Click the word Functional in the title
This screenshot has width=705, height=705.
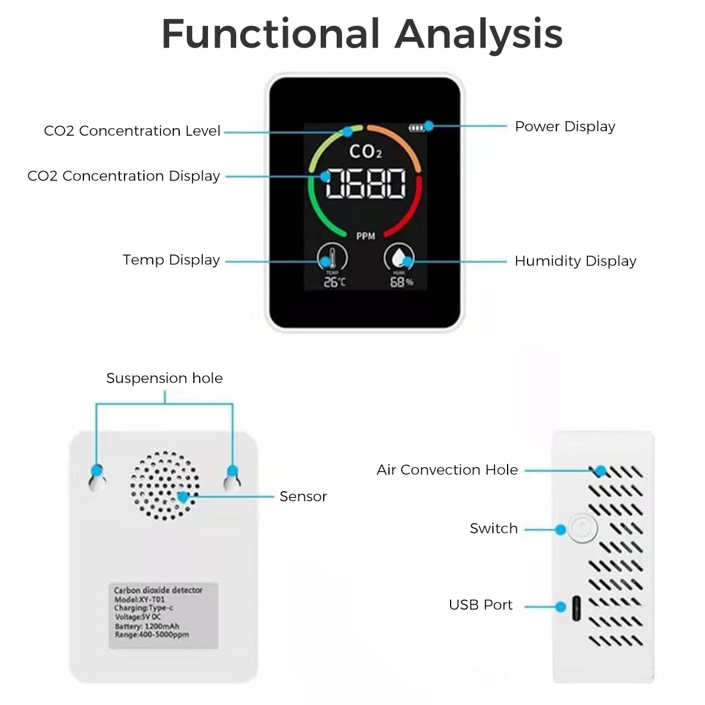(x=270, y=33)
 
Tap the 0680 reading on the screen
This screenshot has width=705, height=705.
(x=365, y=183)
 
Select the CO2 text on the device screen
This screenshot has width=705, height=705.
(x=365, y=152)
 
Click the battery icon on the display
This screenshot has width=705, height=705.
(x=417, y=127)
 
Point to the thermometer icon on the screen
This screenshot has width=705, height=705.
(x=333, y=258)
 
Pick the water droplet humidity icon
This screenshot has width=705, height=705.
(x=399, y=258)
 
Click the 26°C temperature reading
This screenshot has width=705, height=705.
(x=335, y=283)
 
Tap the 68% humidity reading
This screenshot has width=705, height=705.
(x=401, y=283)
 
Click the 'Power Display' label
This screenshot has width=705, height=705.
(x=565, y=126)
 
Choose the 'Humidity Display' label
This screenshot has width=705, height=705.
(x=575, y=261)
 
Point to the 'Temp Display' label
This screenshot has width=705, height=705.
(x=171, y=260)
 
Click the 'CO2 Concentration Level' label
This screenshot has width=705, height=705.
(x=132, y=130)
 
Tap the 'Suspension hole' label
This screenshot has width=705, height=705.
(x=164, y=378)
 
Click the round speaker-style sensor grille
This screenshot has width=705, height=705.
(x=165, y=486)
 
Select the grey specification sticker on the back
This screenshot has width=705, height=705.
(x=163, y=616)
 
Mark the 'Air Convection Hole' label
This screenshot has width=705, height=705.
(x=447, y=470)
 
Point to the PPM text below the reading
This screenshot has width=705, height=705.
(x=365, y=236)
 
